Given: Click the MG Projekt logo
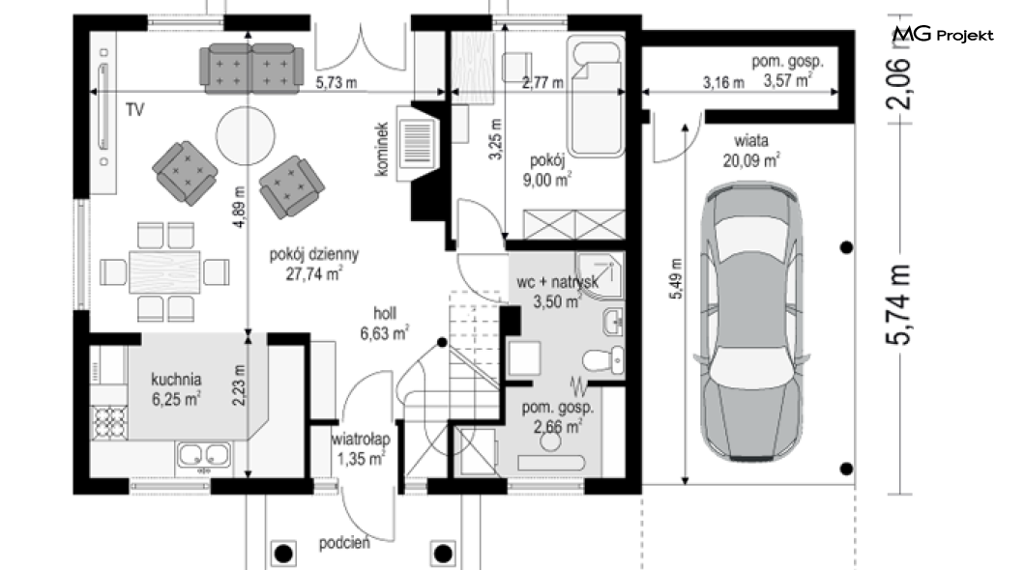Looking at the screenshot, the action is pyautogui.click(x=943, y=34).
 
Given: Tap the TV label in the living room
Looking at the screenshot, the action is pyautogui.click(x=134, y=110).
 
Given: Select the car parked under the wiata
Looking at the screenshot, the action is pyautogui.click(x=751, y=323).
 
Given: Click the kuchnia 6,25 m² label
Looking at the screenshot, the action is pyautogui.click(x=176, y=389).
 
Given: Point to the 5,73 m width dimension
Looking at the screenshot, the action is pyautogui.click(x=337, y=83).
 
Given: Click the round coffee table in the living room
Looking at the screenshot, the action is pyautogui.click(x=246, y=136).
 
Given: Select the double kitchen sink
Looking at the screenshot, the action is pyautogui.click(x=203, y=455).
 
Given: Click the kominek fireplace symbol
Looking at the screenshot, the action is pyautogui.click(x=420, y=144).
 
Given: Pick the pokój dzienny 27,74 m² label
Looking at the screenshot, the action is pyautogui.click(x=313, y=264).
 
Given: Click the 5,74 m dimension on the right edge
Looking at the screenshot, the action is pyautogui.click(x=897, y=304).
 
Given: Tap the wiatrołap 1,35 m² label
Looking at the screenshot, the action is pyautogui.click(x=360, y=448).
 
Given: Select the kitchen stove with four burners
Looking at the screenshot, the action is pyautogui.click(x=109, y=422).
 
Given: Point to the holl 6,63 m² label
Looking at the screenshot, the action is pyautogui.click(x=385, y=324).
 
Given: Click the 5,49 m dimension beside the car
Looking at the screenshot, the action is pyautogui.click(x=676, y=279).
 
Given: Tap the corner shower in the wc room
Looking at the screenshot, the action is pyautogui.click(x=600, y=275).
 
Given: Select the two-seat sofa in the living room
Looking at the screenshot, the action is pyautogui.click(x=251, y=68).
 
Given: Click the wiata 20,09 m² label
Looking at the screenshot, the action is pyautogui.click(x=751, y=150).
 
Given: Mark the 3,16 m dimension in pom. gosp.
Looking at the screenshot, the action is pyautogui.click(x=723, y=83).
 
